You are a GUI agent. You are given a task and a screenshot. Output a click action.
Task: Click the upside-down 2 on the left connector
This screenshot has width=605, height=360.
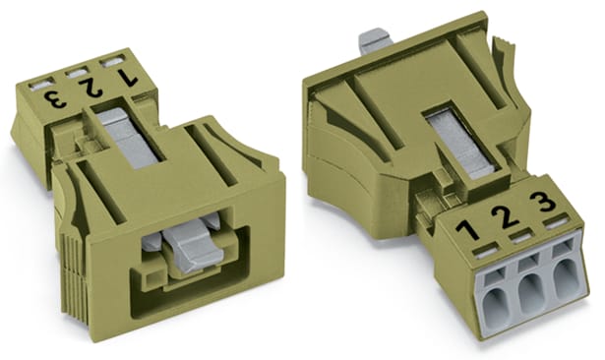tap(91, 90)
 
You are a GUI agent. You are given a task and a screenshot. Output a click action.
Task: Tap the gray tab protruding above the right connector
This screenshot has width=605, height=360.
tap(371, 41)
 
